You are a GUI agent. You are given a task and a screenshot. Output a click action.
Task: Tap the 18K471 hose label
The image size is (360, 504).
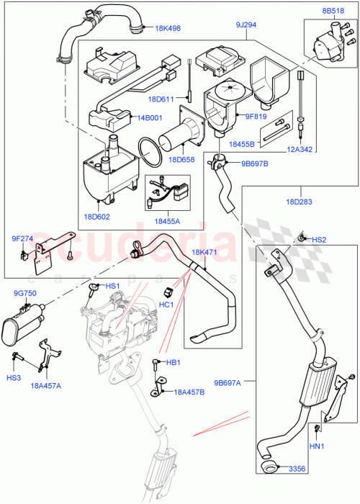[x=205, y=252]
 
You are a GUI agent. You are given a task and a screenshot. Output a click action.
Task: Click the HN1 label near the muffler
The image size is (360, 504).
[x=317, y=448]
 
